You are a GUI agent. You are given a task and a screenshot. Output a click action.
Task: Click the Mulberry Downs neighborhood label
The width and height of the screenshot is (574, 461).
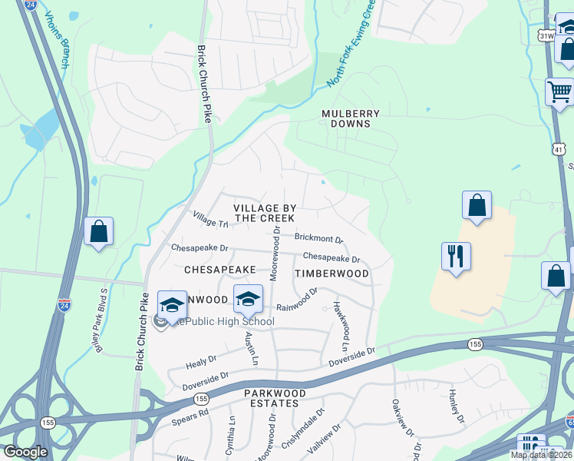tap(351, 118)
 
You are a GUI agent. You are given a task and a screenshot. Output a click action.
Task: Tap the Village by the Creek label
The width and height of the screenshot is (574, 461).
tap(265, 213)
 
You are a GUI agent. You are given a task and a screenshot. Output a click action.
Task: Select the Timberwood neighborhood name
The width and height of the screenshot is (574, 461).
tap(332, 273)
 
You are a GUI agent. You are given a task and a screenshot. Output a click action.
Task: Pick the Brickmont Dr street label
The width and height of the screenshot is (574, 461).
tap(318, 239)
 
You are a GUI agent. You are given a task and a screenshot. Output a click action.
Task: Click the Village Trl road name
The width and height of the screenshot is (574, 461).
tap(211, 219)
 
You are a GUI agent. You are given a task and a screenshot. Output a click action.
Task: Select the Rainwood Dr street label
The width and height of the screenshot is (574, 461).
tap(297, 300)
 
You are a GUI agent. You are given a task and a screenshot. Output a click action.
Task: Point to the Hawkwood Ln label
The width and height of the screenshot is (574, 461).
tap(341, 318)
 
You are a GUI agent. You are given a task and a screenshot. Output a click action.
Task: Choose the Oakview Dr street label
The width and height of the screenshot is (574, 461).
tap(396, 413)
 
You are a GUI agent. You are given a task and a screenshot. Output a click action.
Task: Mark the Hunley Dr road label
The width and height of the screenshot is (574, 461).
tap(456, 406)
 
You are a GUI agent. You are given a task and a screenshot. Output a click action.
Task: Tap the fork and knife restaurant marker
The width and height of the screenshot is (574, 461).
tap(456, 256)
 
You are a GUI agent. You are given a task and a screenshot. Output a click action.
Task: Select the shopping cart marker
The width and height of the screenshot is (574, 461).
tap(559, 92)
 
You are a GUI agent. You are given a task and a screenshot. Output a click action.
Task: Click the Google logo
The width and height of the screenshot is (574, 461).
tap(25, 452)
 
